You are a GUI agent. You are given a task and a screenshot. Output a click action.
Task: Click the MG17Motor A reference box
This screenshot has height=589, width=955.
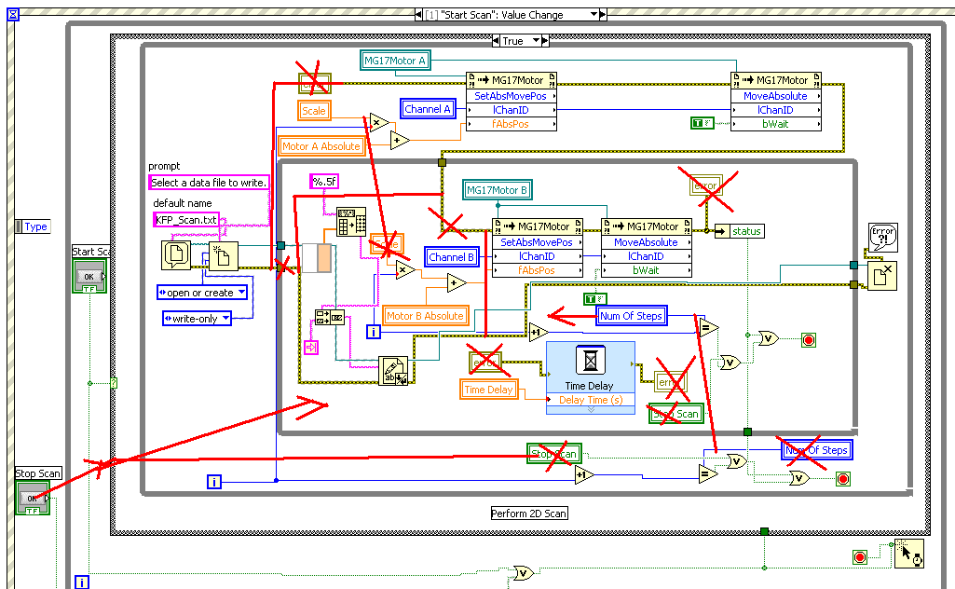pyautogui.click(x=395, y=61)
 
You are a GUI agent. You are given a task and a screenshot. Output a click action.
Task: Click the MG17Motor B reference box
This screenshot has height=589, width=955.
pyautogui.click(x=498, y=190)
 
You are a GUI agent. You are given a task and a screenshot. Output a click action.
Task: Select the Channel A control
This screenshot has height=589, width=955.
pyautogui.click(x=428, y=109)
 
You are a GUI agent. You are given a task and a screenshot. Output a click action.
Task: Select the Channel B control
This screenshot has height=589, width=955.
pyautogui.click(x=452, y=256)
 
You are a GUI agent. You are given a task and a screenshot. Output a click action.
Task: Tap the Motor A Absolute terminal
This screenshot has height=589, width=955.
pyautogui.click(x=321, y=146)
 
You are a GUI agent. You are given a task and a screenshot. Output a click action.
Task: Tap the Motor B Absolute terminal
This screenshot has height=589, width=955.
pyautogui.click(x=425, y=316)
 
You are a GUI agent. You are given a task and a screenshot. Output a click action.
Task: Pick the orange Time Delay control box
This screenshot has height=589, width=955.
pyautogui.click(x=488, y=390)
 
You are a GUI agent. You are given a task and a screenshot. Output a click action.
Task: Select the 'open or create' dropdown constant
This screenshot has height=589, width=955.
pyautogui.click(x=201, y=293)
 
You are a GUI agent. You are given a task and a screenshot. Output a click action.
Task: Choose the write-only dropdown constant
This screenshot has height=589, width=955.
pyautogui.click(x=197, y=319)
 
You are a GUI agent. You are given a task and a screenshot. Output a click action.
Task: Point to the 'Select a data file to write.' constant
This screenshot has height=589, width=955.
pyautogui.click(x=209, y=182)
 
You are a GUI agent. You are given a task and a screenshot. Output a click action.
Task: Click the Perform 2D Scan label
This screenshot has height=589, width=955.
pyautogui.click(x=529, y=514)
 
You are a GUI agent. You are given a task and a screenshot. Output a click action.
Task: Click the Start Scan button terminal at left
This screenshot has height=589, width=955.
pyautogui.click(x=89, y=277)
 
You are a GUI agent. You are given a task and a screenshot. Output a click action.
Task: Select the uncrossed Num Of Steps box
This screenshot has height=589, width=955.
pyautogui.click(x=632, y=316)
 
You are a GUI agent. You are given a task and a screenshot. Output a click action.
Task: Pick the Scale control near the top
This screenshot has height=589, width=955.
pyautogui.click(x=315, y=110)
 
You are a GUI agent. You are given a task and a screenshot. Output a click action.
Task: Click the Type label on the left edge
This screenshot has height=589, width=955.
pyautogui.click(x=35, y=226)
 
